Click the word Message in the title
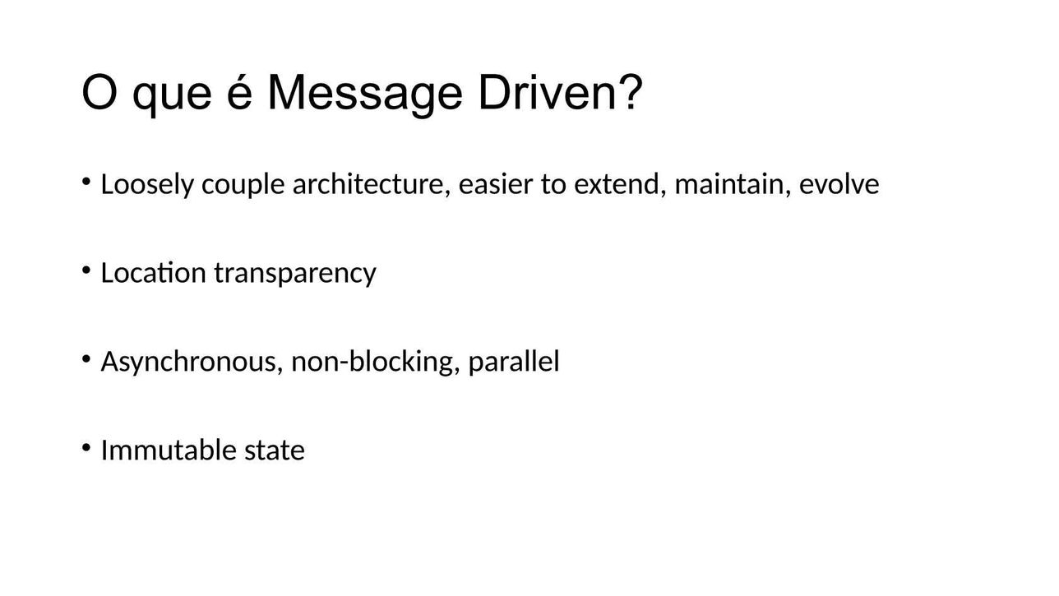[364, 94]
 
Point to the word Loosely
[147, 185]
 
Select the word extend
[617, 184]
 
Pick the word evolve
[839, 184]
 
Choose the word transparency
[295, 274]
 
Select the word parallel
[514, 363]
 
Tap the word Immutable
[169, 450]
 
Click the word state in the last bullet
[275, 450]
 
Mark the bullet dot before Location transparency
[86, 270]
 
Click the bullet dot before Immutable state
[86, 447]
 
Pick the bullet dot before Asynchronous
[86, 358]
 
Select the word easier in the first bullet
[496, 184]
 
